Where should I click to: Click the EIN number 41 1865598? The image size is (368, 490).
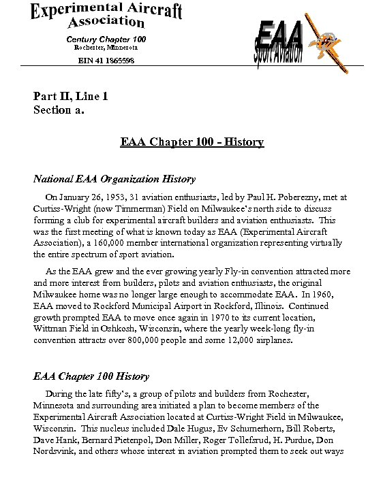[105, 61]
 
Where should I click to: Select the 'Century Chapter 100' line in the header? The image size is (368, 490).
[106, 39]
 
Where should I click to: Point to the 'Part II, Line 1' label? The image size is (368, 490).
[71, 97]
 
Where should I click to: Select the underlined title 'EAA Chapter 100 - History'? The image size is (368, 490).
[191, 142]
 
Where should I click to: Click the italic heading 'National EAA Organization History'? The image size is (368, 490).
[114, 180]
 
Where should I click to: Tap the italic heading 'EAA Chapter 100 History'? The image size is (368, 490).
[91, 376]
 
